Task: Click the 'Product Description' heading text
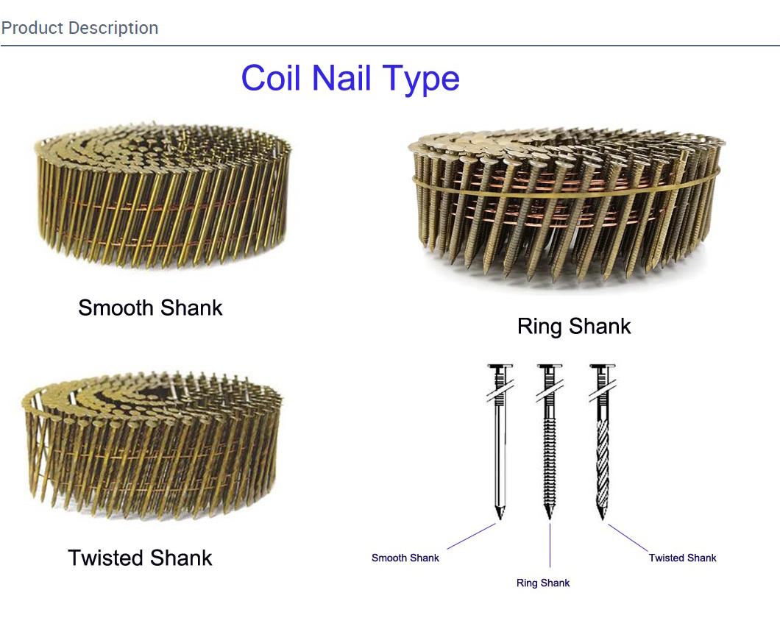point(79,29)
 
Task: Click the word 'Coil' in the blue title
point(271,77)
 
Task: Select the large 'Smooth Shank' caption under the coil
point(150,308)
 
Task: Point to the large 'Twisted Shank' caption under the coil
point(140,558)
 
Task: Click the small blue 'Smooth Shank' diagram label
point(405,558)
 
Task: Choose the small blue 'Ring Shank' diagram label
point(543,583)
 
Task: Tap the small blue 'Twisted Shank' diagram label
point(683,558)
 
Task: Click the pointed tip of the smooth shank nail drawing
point(500,519)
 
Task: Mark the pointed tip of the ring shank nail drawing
point(550,519)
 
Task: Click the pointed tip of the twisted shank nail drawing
point(603,519)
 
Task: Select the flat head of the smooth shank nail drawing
point(500,366)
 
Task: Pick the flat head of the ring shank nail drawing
point(550,366)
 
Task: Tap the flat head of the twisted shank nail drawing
point(603,366)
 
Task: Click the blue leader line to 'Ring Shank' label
point(550,545)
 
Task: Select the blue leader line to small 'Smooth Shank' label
point(471,536)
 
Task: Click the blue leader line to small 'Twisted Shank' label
point(628,538)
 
